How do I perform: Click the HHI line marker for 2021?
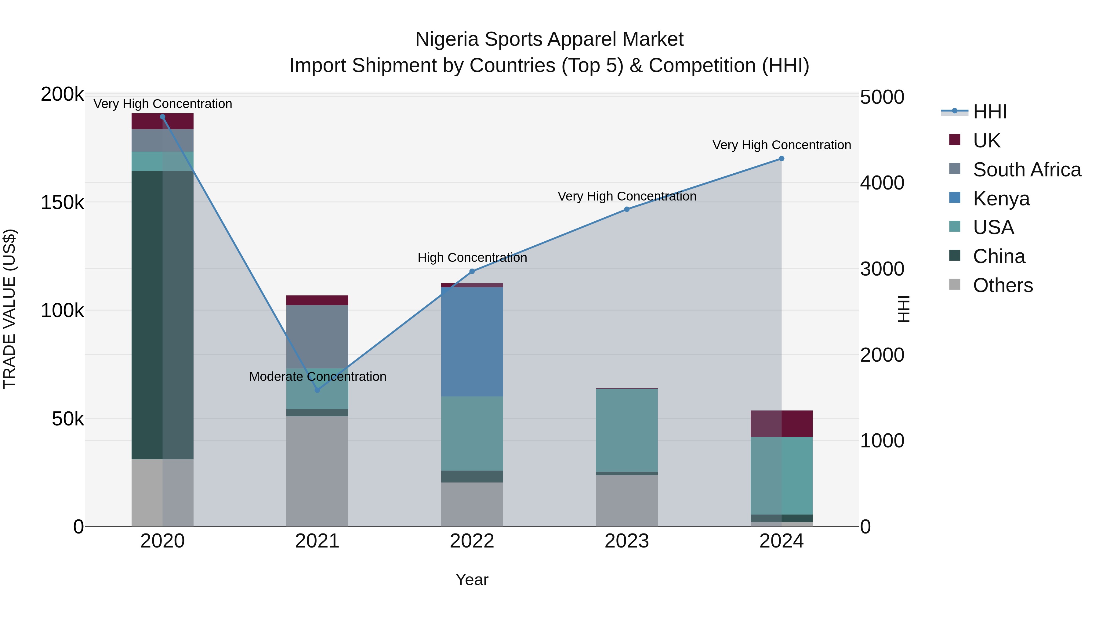[317, 390]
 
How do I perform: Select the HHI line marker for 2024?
[781, 159]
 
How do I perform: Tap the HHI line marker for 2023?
[627, 209]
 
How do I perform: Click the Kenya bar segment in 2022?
[472, 341]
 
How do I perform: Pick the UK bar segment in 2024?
[781, 424]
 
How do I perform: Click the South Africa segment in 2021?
[317, 337]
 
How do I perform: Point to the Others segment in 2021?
[317, 471]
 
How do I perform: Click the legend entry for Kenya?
[1001, 199]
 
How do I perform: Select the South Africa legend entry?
[1026, 170]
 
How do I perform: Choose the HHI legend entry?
[990, 112]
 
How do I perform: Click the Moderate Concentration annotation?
[317, 377]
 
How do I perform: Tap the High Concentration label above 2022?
[472, 258]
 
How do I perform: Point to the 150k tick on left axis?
[62, 203]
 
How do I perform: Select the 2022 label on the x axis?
[472, 541]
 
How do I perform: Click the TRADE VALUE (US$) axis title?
[9, 309]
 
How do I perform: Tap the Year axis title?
[472, 580]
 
